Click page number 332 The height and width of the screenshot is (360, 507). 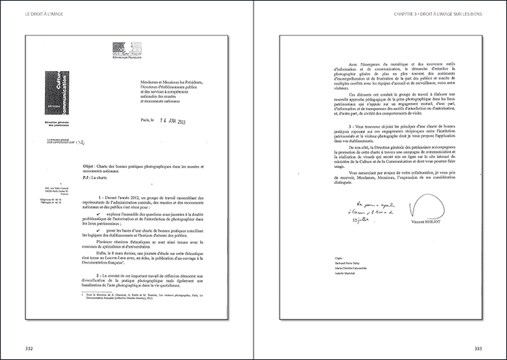click(12, 347)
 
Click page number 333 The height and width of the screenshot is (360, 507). click(495, 347)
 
